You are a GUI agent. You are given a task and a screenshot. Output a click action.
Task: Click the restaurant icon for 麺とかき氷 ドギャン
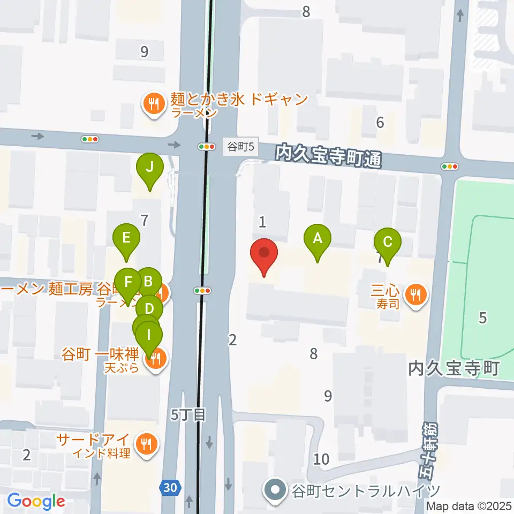click(154, 103)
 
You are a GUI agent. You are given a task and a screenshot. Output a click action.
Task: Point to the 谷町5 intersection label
click(236, 147)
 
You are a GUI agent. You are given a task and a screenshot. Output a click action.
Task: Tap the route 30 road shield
click(169, 487)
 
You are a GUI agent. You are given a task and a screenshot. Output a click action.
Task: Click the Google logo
click(36, 501)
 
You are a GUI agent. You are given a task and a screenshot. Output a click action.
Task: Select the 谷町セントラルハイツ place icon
click(275, 490)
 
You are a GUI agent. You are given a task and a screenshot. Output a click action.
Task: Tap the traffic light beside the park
click(450, 167)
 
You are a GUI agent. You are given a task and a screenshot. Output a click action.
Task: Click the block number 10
click(321, 459)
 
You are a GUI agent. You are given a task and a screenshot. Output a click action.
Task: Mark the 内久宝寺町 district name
click(453, 368)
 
